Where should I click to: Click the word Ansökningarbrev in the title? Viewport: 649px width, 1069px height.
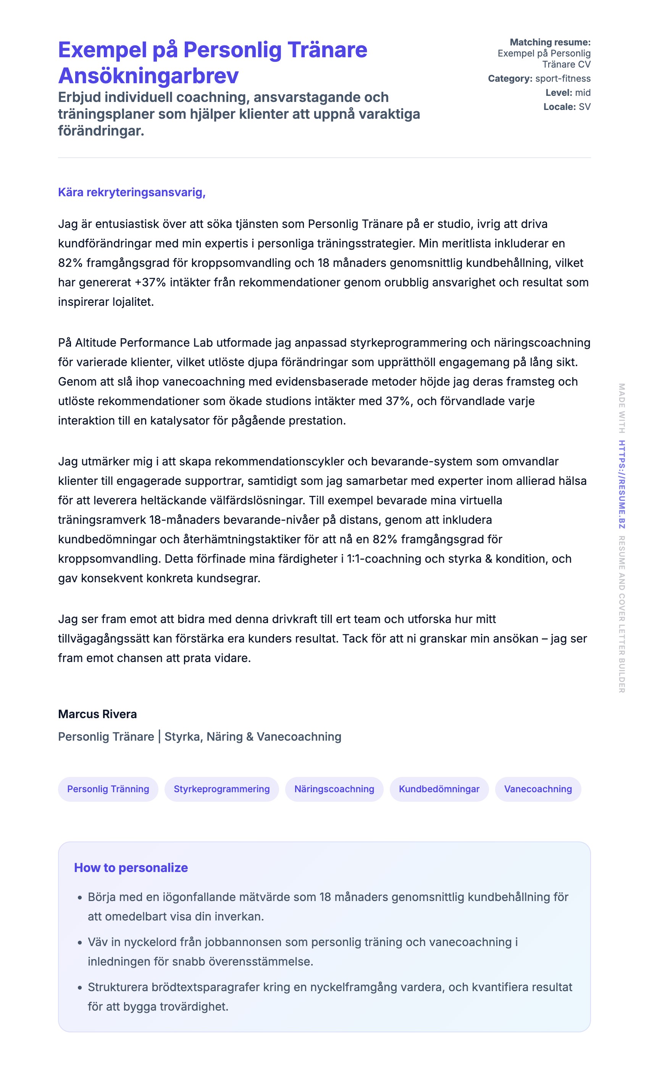[x=148, y=76]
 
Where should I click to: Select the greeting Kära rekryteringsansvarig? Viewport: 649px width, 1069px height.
[x=131, y=192]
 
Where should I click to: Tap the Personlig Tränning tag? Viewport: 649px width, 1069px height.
[x=108, y=789]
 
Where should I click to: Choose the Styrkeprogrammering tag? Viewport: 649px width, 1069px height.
[x=221, y=789]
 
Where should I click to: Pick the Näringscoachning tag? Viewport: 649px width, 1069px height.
[x=334, y=789]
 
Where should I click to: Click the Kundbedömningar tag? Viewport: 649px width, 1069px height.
[x=439, y=789]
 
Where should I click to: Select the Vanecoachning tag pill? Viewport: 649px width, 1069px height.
[x=538, y=789]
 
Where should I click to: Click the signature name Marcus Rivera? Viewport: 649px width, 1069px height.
[x=97, y=714]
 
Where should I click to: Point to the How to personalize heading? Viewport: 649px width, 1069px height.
[x=131, y=867]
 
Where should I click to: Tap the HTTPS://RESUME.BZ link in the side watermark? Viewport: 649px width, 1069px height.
[x=622, y=484]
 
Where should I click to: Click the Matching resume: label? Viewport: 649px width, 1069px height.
[x=550, y=42]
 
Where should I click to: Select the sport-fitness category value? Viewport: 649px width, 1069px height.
[x=563, y=79]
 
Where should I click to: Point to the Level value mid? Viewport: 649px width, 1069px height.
[x=583, y=92]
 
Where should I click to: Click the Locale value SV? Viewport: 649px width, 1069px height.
[x=584, y=107]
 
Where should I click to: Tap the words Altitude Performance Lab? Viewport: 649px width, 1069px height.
[x=144, y=343]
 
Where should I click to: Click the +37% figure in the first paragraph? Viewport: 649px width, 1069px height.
[x=150, y=283]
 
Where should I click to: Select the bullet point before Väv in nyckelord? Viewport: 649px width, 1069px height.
[x=80, y=942]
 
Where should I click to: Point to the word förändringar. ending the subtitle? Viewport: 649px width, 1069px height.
[x=101, y=131]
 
